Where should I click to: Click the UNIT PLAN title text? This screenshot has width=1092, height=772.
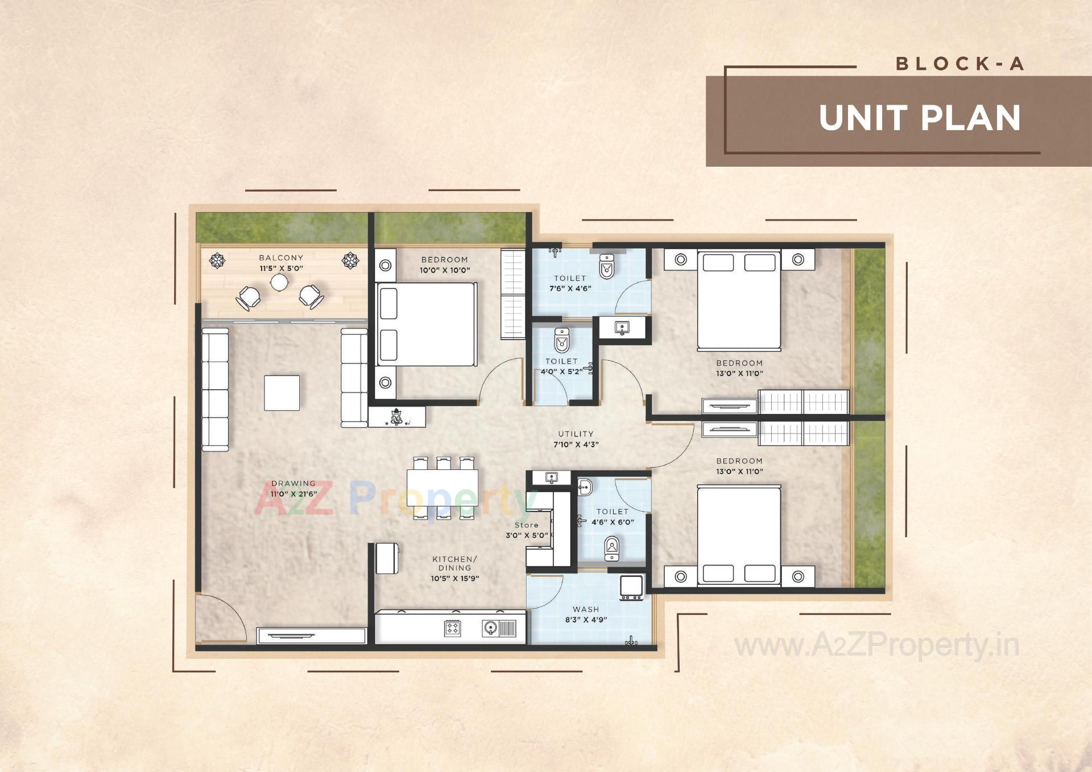[920, 118]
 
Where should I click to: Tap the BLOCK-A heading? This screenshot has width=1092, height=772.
[960, 64]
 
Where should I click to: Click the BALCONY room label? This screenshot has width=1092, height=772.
[281, 258]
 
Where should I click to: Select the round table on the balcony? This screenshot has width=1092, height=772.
[279, 282]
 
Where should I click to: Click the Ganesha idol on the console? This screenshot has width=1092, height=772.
[396, 416]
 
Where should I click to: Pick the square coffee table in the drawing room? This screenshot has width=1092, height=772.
[282, 393]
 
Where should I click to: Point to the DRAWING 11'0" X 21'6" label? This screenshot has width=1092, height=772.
[293, 489]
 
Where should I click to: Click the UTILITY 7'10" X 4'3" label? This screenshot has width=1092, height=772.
[576, 439]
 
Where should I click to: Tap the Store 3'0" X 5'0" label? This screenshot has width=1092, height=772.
[527, 530]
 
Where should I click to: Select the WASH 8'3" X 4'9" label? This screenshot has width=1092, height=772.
[586, 614]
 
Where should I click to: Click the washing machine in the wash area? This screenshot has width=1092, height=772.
[631, 587]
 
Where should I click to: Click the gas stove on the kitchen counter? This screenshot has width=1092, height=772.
[453, 628]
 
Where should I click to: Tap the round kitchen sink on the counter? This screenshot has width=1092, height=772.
[490, 628]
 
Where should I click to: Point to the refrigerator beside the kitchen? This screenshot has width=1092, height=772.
[387, 558]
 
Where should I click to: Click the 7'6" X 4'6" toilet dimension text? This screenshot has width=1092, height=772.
[570, 288]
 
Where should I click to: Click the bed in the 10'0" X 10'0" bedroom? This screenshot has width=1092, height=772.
[427, 324]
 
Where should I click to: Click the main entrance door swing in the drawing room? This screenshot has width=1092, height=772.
[221, 617]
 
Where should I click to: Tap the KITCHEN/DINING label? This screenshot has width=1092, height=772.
[454, 563]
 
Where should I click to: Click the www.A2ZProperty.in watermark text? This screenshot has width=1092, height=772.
[876, 646]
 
